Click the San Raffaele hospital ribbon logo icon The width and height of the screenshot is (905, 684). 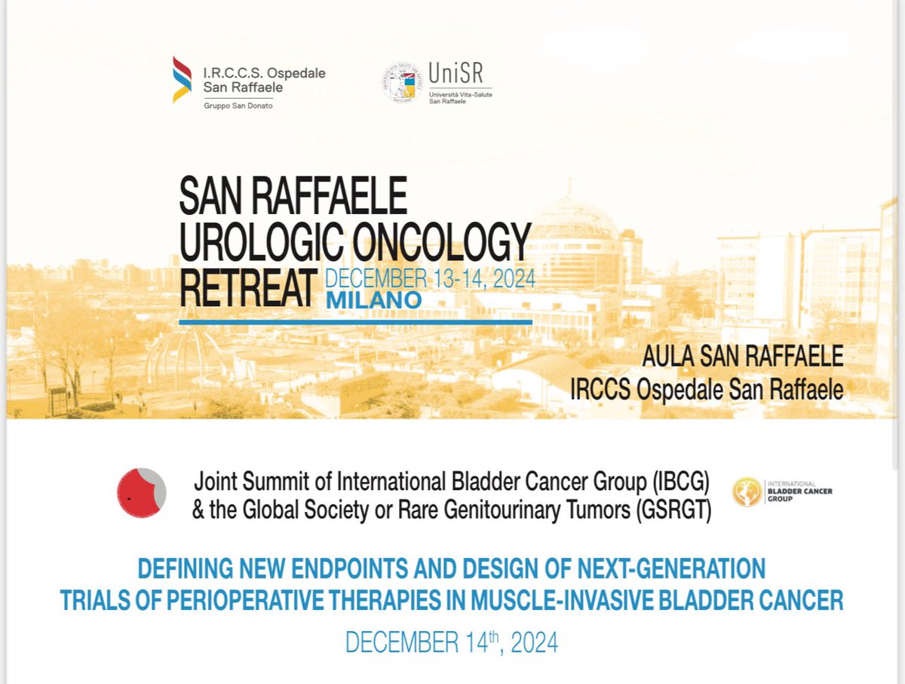[182, 79]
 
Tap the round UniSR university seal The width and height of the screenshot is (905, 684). [401, 82]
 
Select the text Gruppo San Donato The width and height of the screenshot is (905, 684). [238, 106]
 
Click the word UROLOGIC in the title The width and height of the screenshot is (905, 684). [263, 243]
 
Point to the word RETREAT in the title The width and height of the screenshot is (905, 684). [246, 287]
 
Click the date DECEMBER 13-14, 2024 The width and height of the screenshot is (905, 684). [430, 279]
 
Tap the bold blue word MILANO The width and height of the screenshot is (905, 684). [373, 299]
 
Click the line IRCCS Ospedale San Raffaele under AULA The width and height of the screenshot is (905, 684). [707, 389]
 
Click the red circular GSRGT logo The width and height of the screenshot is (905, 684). [141, 492]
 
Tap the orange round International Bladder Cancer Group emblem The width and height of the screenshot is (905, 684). [747, 492]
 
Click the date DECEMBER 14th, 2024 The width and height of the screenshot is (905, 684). [451, 642]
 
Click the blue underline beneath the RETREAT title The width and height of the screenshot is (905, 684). [355, 321]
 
